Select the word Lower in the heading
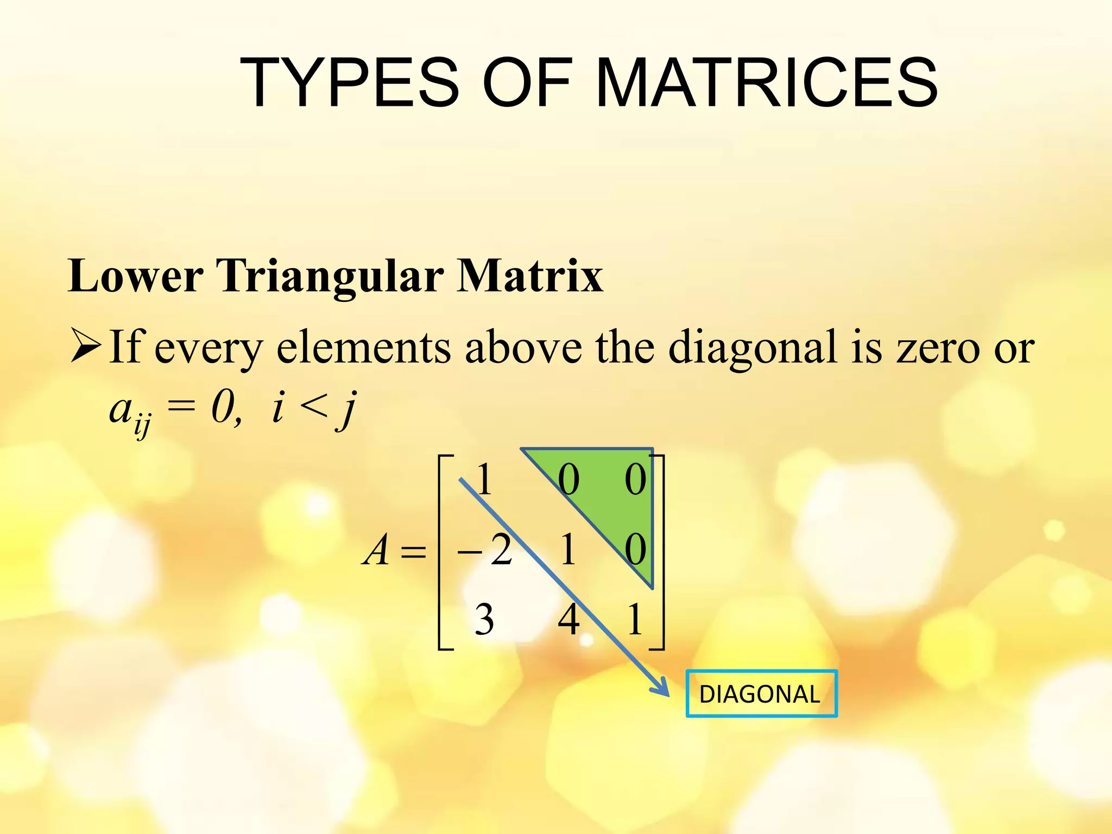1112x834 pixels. pyautogui.click(x=135, y=276)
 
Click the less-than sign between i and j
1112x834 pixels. pyautogui.click(x=314, y=407)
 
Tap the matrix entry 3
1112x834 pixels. pyautogui.click(x=484, y=620)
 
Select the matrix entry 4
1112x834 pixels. pyautogui.click(x=568, y=620)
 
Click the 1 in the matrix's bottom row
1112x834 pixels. pyautogui.click(x=635, y=620)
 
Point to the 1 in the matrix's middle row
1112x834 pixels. pyautogui.click(x=568, y=550)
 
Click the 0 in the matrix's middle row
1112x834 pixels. pyautogui.click(x=635, y=550)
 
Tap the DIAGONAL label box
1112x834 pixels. pyautogui.click(x=761, y=694)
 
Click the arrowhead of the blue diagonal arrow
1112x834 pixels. pyautogui.click(x=664, y=690)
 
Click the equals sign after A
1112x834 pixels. pyautogui.click(x=413, y=553)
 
